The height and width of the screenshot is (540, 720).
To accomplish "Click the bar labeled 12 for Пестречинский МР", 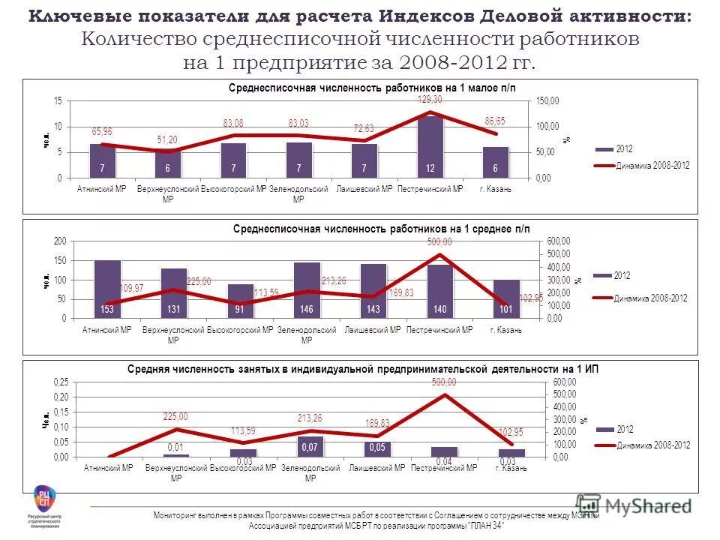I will click(430, 147).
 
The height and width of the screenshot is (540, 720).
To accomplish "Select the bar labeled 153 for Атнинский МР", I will click(107, 289).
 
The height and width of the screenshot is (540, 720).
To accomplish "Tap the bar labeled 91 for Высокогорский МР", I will click(240, 301).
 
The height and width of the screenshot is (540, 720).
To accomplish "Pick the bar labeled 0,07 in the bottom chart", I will click(309, 446).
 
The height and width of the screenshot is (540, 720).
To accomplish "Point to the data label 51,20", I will click(166, 139).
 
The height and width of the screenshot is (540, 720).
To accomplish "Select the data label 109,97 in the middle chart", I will click(131, 288).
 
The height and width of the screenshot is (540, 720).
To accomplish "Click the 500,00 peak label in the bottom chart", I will click(443, 382).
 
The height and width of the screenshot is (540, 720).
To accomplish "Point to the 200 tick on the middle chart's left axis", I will click(58, 241).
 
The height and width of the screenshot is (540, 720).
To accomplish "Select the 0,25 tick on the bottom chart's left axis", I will click(59, 382).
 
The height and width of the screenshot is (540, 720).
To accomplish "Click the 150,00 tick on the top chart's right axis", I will click(547, 100).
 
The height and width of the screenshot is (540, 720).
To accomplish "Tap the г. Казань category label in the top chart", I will click(495, 189).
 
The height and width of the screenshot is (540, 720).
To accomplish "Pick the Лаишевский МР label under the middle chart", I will click(373, 330).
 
